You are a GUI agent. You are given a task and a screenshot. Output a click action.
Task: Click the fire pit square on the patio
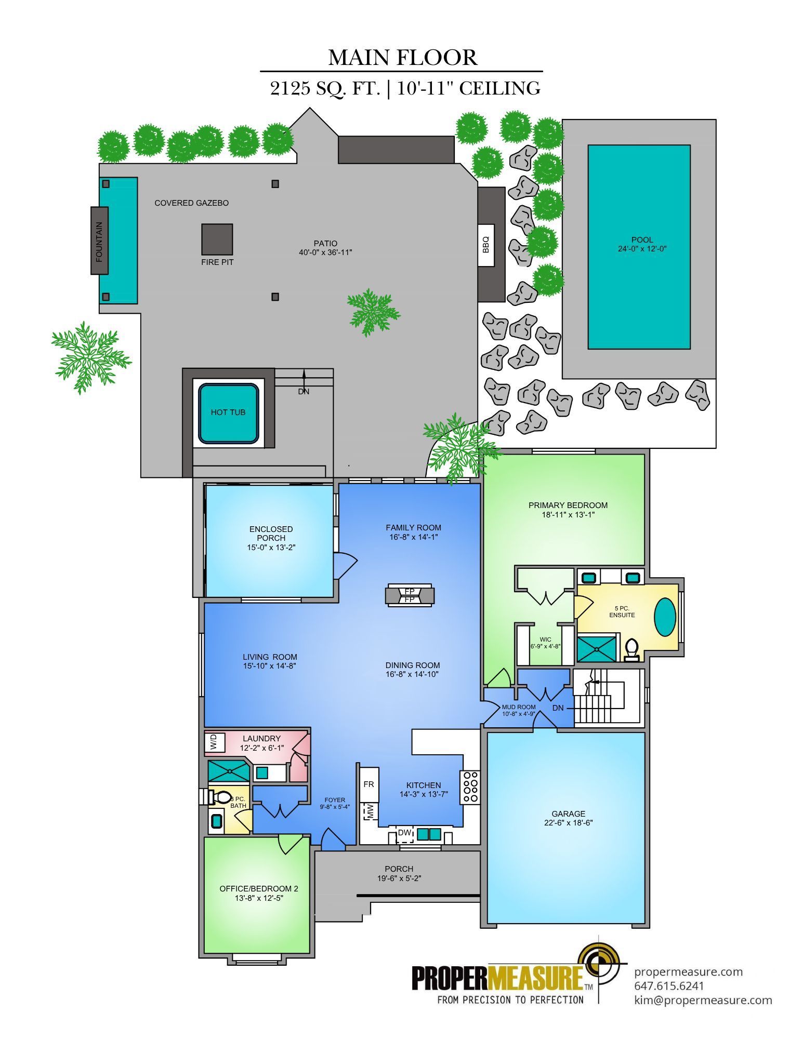217,239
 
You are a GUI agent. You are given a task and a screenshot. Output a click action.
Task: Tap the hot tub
228,412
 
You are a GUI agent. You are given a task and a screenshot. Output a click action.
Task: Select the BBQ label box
485,245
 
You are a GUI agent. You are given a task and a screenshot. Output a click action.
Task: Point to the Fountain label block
99,241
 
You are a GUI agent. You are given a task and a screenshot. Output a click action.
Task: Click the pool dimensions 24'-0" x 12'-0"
642,249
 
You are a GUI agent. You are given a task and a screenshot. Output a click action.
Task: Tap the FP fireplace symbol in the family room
410,595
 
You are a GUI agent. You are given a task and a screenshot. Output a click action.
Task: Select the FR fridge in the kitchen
369,784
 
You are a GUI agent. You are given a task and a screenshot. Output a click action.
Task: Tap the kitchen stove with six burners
470,786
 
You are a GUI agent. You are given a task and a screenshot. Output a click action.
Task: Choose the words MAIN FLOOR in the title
403,57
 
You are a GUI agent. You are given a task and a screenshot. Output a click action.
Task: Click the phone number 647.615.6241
669,985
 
